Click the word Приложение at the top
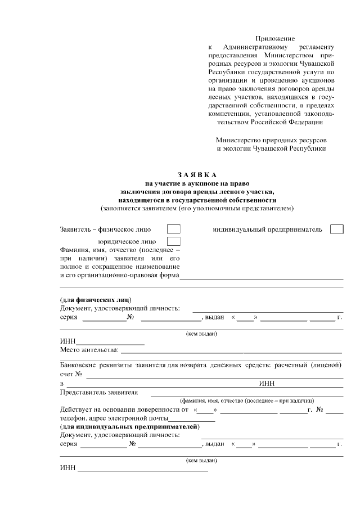(271, 37)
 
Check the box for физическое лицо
(174, 229)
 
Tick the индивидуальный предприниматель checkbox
(336, 229)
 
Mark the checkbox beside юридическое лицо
(174, 241)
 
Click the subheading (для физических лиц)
(96, 300)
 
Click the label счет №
(71, 374)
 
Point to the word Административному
(255, 47)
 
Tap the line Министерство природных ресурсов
(271, 139)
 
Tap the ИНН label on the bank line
(267, 384)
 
